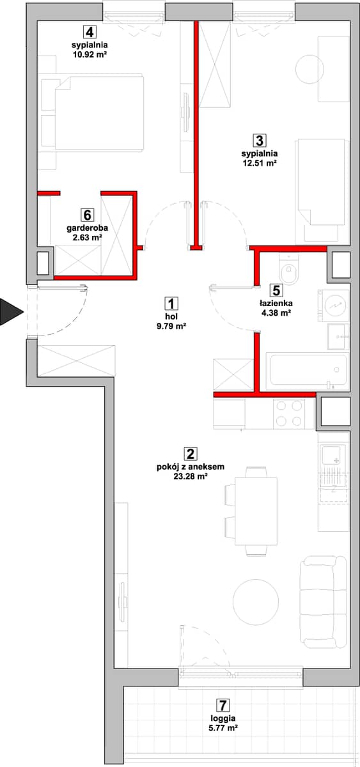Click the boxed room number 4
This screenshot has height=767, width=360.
pos(90,32)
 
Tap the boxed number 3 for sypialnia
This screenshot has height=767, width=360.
pos(260,141)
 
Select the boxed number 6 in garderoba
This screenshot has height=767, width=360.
pos(88,215)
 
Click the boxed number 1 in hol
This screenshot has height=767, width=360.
pos(171,304)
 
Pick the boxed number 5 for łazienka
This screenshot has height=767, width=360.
pos(276,290)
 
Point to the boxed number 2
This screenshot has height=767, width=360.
pos(191,454)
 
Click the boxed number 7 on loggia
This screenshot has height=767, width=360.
pos(223,706)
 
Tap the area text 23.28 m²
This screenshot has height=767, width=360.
pos(191,476)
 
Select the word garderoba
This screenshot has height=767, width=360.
pos(88,228)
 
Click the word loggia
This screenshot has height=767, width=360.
pos(223,718)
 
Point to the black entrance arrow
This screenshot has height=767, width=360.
pos(12,312)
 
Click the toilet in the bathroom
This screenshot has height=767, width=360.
pos(289,270)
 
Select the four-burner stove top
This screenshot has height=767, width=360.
pos(289,413)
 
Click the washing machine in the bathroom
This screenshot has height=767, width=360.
pos(334,306)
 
